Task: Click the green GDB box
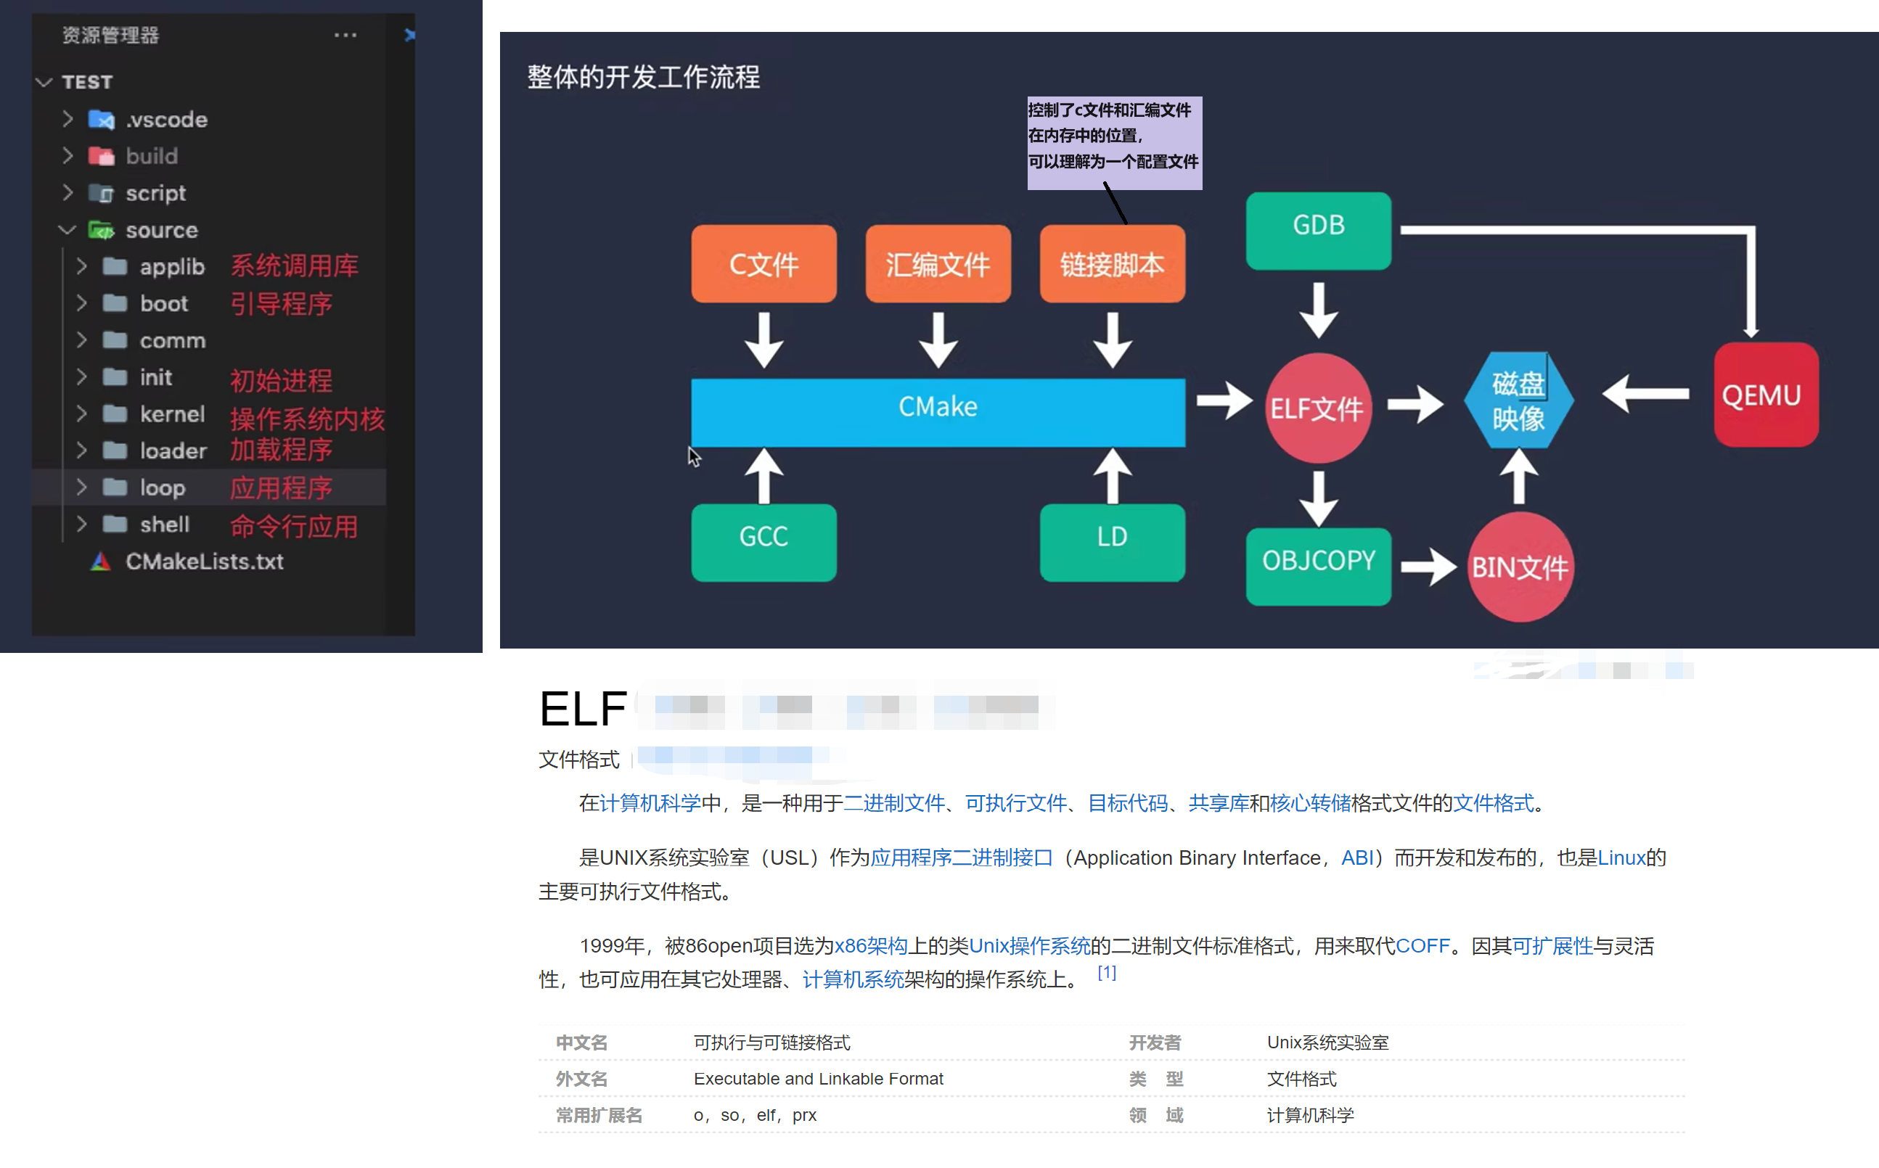[1318, 230]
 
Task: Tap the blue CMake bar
[937, 412]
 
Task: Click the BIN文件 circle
[1520, 567]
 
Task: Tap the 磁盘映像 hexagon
[1518, 400]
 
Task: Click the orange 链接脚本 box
[1112, 264]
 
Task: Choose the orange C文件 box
[764, 264]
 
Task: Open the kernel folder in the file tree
[171, 414]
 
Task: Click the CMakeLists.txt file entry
[204, 562]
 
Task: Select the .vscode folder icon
[101, 120]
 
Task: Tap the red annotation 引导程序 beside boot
[281, 303]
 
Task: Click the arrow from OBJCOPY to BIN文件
[1428, 567]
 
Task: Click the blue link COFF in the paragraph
[1422, 945]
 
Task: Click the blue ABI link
[1357, 858]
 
